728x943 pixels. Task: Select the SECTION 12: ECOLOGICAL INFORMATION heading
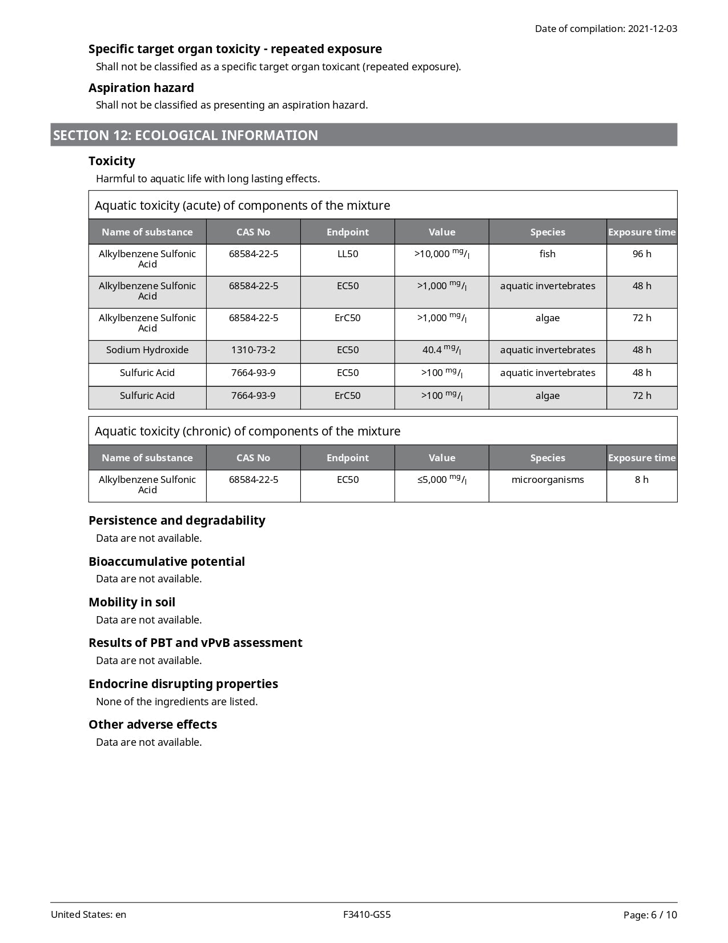[x=186, y=135]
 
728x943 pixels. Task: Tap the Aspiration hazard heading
[x=141, y=87]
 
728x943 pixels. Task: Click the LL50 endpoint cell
[x=347, y=254]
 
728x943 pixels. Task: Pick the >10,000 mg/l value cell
[x=441, y=254]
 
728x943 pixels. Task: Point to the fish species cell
[x=547, y=254]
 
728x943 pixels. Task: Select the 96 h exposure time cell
[x=642, y=254]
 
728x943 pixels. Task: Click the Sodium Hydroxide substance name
[x=147, y=350]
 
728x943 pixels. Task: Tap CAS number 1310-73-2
[x=253, y=350]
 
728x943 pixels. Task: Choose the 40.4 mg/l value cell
[x=441, y=350]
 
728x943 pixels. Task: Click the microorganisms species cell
[x=547, y=480]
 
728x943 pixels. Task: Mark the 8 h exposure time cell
[x=642, y=480]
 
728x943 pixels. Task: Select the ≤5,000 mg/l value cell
[x=441, y=480]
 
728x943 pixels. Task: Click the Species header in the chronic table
[x=547, y=458]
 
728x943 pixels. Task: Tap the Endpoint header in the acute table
[x=347, y=232]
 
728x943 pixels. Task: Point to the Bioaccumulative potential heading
[x=167, y=561]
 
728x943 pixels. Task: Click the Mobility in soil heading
[x=132, y=602]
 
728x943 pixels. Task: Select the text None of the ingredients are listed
[x=177, y=701]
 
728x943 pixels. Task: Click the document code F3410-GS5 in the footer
[x=367, y=914]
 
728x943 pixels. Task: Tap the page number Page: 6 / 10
[x=650, y=915]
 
